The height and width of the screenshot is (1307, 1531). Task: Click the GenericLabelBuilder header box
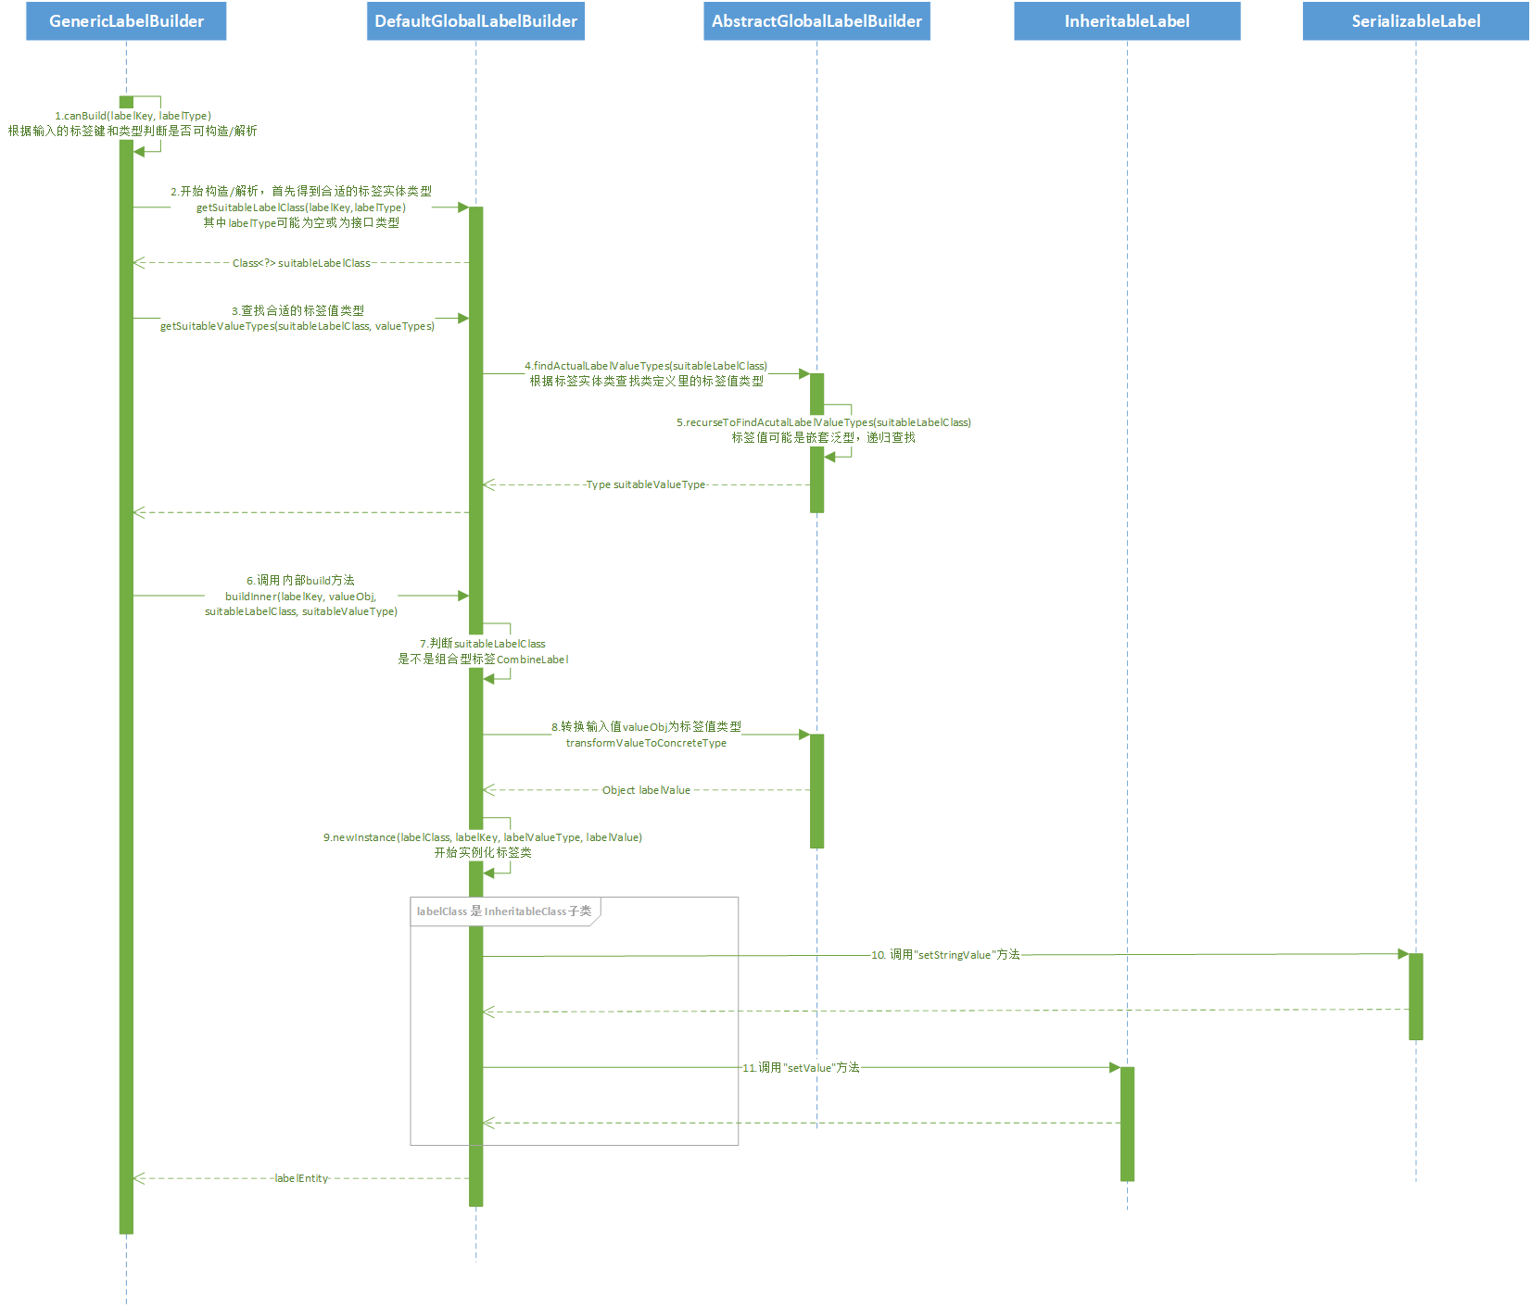pos(126,21)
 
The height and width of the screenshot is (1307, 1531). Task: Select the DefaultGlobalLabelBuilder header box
pos(475,21)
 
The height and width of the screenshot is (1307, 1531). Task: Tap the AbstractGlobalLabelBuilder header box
pos(816,21)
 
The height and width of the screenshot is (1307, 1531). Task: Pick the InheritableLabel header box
pos(1127,21)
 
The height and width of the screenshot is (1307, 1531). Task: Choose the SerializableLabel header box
pos(1415,21)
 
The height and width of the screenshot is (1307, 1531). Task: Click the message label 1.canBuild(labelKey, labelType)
pos(133,116)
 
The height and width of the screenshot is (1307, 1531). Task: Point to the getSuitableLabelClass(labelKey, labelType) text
pos(301,207)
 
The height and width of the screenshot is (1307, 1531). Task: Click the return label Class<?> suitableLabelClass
pos(301,263)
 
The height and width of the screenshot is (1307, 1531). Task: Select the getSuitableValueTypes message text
pos(297,326)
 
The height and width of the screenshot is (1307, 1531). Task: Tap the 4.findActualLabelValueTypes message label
pos(646,366)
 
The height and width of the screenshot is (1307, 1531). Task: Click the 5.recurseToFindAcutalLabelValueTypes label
pos(824,422)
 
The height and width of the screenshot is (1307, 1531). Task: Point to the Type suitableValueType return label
pos(646,484)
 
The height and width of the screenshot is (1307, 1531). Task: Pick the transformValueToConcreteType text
pos(646,743)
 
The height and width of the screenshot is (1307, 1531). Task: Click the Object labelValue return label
pos(646,790)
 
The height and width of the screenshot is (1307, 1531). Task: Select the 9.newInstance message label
pos(483,837)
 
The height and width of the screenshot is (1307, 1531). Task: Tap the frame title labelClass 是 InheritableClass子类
pos(504,911)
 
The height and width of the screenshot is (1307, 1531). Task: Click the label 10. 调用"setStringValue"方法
pos(945,955)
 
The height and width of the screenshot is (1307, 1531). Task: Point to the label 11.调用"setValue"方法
pos(801,1068)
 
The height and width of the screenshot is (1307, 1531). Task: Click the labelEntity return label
pos(301,1178)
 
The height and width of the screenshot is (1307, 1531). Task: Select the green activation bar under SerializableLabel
pos(1415,996)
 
